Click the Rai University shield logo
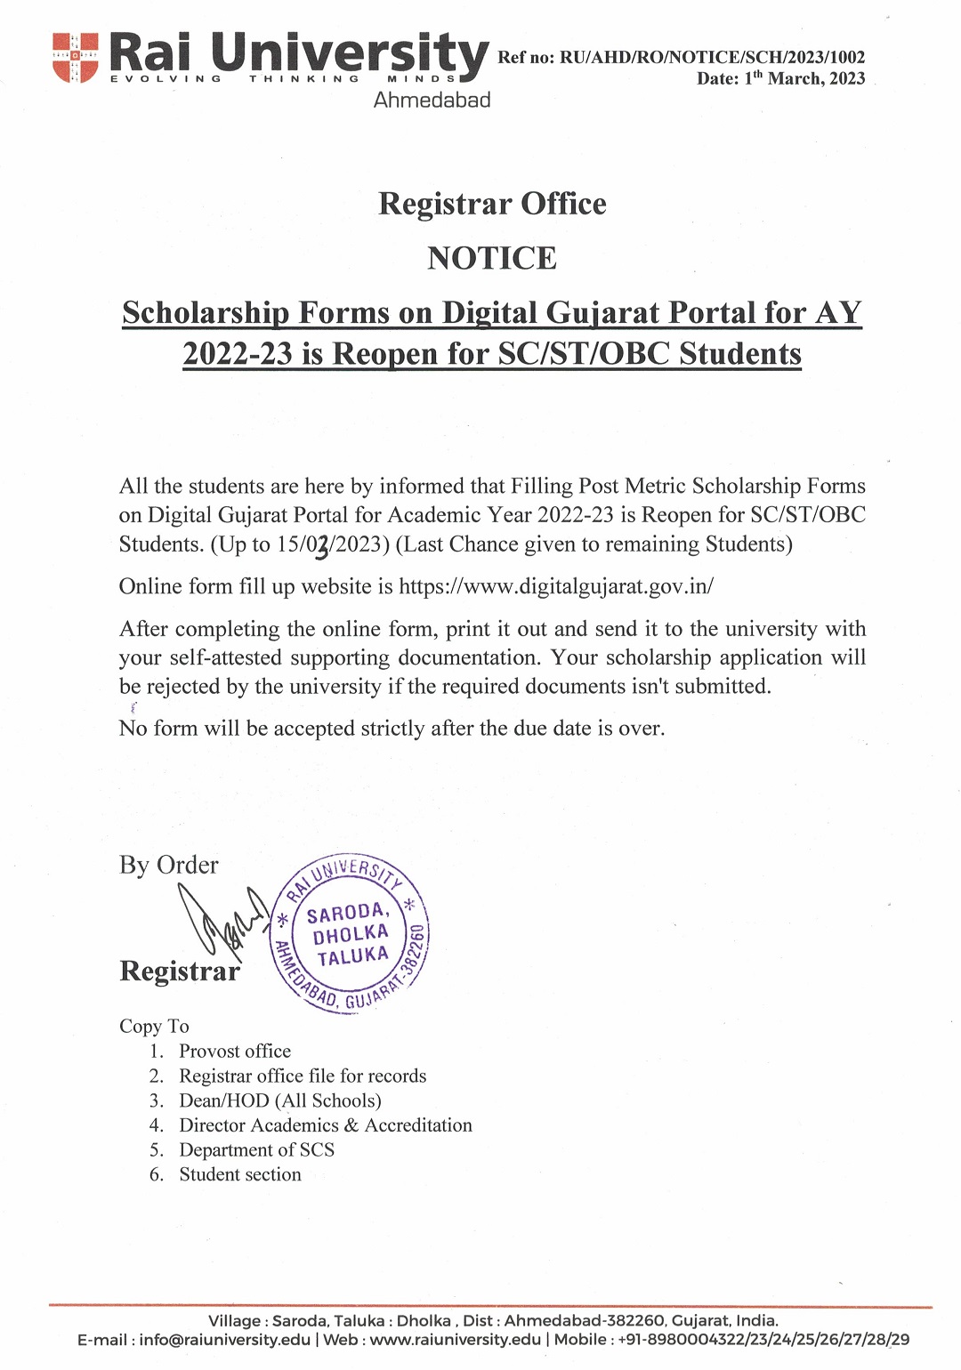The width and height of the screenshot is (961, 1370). tap(75, 57)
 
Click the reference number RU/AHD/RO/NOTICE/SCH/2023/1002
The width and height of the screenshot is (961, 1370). tap(712, 58)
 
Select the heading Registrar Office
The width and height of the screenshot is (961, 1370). tap(492, 204)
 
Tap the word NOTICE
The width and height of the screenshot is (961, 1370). tap(492, 258)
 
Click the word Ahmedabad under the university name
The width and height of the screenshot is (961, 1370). tap(432, 100)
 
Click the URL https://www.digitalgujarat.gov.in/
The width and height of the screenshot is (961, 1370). tap(556, 586)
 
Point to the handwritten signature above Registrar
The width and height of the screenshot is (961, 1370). tap(222, 921)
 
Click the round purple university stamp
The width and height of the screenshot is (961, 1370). tap(351, 934)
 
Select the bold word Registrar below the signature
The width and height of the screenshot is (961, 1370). tap(180, 971)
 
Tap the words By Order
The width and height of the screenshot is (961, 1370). tap(168, 865)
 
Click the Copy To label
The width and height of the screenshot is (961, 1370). tap(154, 1026)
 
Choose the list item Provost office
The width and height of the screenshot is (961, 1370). tap(235, 1051)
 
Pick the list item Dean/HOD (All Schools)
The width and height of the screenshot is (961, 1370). tap(280, 1100)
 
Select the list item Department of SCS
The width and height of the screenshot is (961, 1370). tap(256, 1149)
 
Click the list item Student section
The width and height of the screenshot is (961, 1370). tap(240, 1174)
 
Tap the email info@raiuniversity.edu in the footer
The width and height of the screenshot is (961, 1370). tap(224, 1340)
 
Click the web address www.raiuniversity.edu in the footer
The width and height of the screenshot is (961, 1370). tap(455, 1340)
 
